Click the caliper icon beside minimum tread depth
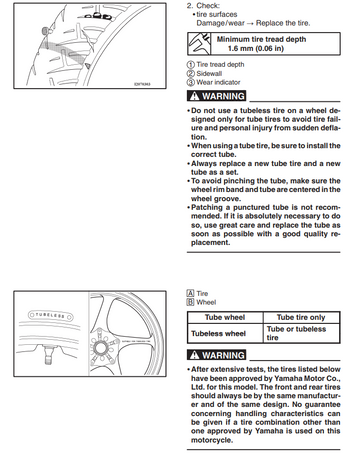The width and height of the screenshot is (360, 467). [199, 44]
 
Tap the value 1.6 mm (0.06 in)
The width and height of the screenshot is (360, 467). [256, 48]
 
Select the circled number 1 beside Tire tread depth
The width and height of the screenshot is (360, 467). [190, 65]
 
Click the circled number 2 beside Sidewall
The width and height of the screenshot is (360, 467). [190, 74]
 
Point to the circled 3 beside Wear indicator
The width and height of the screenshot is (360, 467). [190, 82]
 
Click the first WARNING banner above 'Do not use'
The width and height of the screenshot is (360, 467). [216, 96]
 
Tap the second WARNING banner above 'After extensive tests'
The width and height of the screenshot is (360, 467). [216, 355]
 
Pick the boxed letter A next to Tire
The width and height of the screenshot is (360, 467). [190, 293]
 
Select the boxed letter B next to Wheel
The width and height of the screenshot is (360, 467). [190, 302]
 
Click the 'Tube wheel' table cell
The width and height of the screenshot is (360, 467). [225, 317]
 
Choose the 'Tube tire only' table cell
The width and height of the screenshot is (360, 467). [301, 317]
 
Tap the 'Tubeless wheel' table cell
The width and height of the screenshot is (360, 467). [225, 333]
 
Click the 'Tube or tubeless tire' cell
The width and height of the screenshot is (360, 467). [301, 333]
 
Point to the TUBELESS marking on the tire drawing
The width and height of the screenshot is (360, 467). [50, 315]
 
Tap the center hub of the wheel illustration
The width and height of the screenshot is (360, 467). [100, 348]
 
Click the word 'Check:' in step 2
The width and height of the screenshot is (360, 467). [208, 6]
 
